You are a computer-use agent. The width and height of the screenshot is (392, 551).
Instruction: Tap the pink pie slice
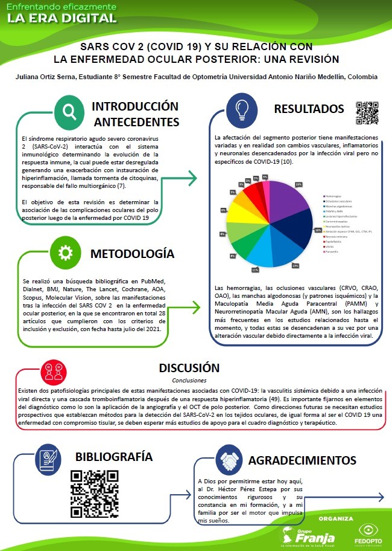click(x=265, y=181)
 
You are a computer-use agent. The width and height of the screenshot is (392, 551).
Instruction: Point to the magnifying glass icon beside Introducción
click(x=69, y=111)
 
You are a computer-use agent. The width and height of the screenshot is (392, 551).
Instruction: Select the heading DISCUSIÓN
click(x=189, y=368)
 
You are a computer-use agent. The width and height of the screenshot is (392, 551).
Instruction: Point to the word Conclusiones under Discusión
click(x=189, y=381)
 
